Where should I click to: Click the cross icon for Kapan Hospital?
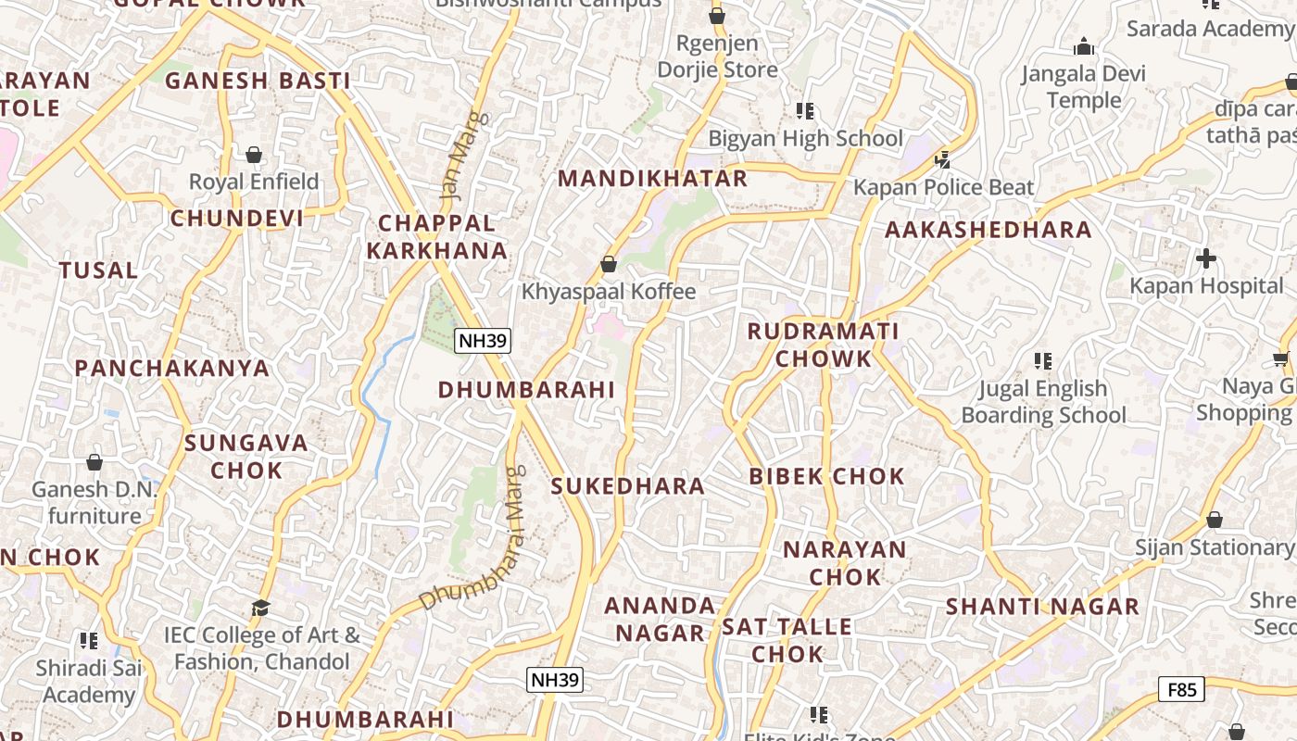(x=1205, y=258)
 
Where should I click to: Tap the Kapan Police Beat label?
(x=943, y=187)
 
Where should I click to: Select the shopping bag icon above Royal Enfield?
(x=253, y=154)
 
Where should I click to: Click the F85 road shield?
(x=1181, y=689)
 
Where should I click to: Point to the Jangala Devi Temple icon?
(x=1083, y=46)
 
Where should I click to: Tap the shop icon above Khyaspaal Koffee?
(x=609, y=264)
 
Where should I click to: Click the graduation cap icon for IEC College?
(x=261, y=608)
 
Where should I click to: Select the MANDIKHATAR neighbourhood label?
(x=652, y=179)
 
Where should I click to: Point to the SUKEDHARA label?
(x=628, y=485)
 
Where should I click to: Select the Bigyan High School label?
(x=805, y=139)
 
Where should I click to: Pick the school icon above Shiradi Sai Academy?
(x=89, y=640)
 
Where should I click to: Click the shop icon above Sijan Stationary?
(x=1214, y=520)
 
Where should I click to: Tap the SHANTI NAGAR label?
(x=1042, y=607)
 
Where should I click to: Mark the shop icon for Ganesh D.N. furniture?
(x=94, y=461)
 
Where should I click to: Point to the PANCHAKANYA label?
(x=172, y=368)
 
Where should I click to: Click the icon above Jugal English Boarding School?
(x=1043, y=360)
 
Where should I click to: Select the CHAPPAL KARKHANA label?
(x=437, y=236)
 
